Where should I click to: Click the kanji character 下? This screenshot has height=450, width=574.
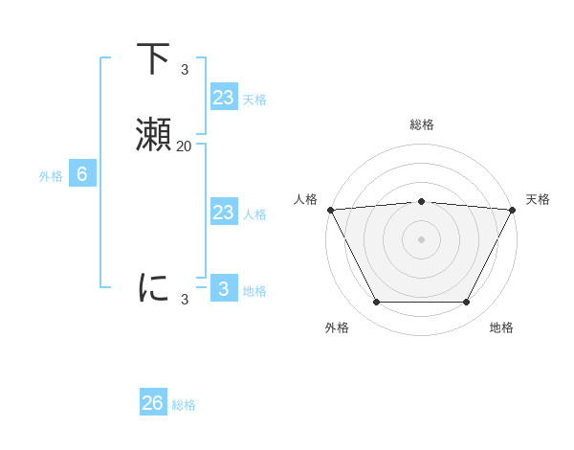(154, 60)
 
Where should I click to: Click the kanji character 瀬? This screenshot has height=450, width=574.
(154, 136)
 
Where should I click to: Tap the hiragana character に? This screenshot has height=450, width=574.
(154, 287)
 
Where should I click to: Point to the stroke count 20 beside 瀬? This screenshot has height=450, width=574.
(184, 146)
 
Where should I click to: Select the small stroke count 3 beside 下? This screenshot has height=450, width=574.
(185, 69)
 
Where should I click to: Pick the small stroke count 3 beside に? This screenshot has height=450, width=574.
(185, 300)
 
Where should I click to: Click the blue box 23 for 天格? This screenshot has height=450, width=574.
(223, 98)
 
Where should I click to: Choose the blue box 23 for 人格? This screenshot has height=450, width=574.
(223, 213)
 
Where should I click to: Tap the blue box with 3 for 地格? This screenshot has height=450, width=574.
(223, 289)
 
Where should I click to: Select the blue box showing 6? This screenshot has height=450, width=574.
(82, 174)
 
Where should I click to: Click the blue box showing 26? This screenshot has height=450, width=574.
(153, 403)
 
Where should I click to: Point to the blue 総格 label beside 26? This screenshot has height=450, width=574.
(184, 405)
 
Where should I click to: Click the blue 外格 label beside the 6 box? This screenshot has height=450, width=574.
(51, 176)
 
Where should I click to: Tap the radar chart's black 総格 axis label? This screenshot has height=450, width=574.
(421, 124)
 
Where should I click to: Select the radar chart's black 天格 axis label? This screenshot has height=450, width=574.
(538, 199)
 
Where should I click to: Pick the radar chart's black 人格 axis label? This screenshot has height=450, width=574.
(304, 199)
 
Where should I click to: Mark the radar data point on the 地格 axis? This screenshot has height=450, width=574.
(467, 303)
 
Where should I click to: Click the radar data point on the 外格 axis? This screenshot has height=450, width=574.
(376, 303)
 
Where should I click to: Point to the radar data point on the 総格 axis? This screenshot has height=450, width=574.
(421, 201)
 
